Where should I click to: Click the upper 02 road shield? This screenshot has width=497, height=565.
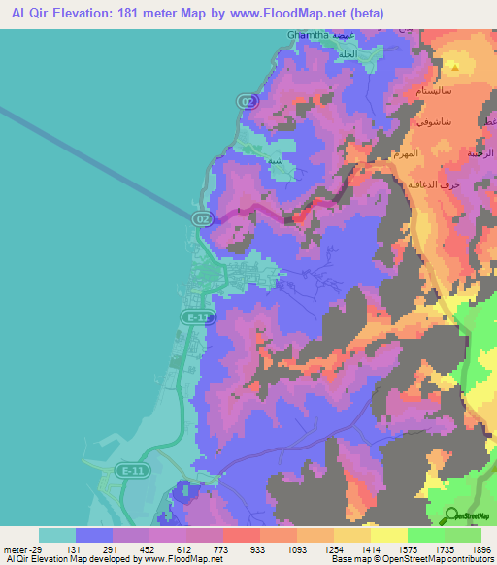(x=248, y=101)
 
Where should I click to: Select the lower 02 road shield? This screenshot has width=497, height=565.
(x=202, y=219)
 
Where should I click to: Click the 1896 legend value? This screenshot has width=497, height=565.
(x=480, y=548)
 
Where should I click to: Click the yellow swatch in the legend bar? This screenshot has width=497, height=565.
(x=388, y=535)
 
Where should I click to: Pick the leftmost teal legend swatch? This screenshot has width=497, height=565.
(x=56, y=535)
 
